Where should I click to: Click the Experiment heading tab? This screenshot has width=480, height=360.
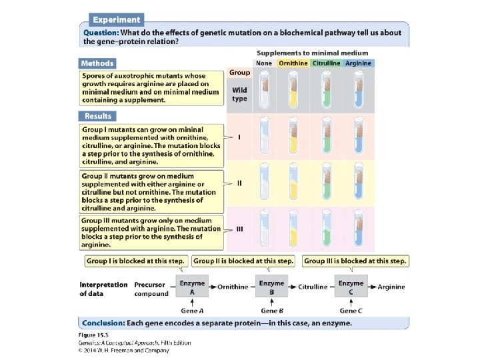pyautogui.click(x=116, y=20)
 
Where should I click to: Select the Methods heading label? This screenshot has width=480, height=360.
pyautogui.click(x=97, y=63)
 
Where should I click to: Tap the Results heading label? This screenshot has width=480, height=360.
pyautogui.click(x=97, y=116)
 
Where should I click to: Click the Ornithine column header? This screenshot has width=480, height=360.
pyautogui.click(x=293, y=63)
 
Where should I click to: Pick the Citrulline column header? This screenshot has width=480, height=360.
pyautogui.click(x=327, y=63)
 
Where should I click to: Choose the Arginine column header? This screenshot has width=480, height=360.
pyautogui.click(x=359, y=63)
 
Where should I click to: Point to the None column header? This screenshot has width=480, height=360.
pyautogui.click(x=264, y=63)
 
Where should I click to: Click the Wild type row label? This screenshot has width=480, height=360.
pyautogui.click(x=239, y=93)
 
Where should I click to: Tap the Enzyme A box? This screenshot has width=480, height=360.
pyautogui.click(x=193, y=287)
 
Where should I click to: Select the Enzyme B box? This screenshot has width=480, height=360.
pyautogui.click(x=271, y=287)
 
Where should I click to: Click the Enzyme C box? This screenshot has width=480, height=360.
pyautogui.click(x=351, y=287)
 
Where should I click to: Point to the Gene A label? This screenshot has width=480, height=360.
pyautogui.click(x=193, y=311)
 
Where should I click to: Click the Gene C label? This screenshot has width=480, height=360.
pyautogui.click(x=351, y=311)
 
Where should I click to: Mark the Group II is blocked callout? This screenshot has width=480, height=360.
pyautogui.click(x=244, y=261)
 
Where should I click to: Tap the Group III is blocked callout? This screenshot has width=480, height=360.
pyautogui.click(x=355, y=261)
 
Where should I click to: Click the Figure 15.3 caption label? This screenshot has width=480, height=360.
pyautogui.click(x=95, y=335)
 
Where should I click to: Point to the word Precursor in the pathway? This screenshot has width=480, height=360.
pyautogui.click(x=151, y=285)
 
